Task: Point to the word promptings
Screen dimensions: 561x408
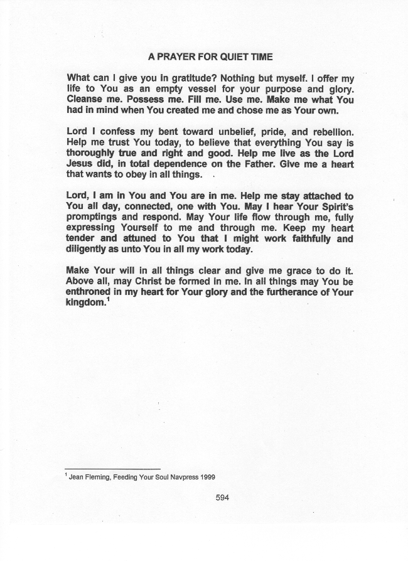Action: [x=92, y=218]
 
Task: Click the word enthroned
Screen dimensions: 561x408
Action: [x=90, y=293]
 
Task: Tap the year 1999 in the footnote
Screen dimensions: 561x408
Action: [x=208, y=478]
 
